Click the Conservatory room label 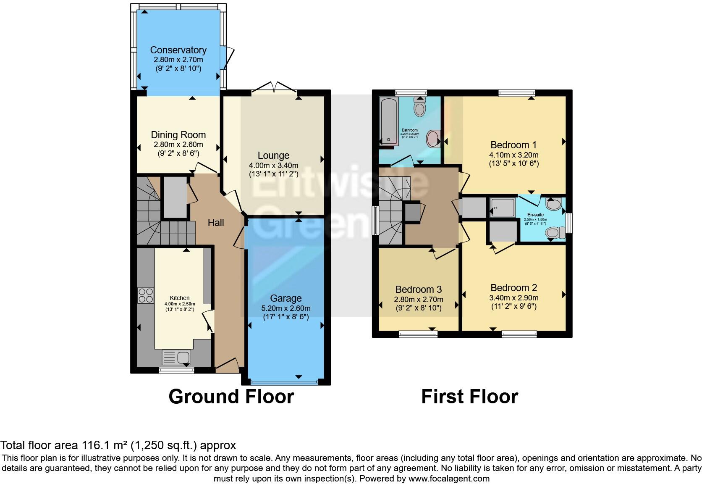tap(178, 50)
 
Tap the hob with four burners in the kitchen tap(146, 295)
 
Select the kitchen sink tap(177, 358)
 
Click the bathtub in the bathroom tap(388, 121)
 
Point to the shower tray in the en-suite tap(503, 208)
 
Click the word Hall tap(216, 223)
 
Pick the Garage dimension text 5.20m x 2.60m tap(286, 308)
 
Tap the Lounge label tap(273, 155)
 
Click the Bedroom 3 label tap(418, 289)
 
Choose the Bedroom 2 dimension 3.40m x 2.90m tap(513, 297)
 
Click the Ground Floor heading tap(231, 397)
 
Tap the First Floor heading tap(469, 397)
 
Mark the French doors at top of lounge tap(274, 87)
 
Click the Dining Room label tap(178, 135)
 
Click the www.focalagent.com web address tap(448, 478)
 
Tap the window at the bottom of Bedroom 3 tap(418, 334)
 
